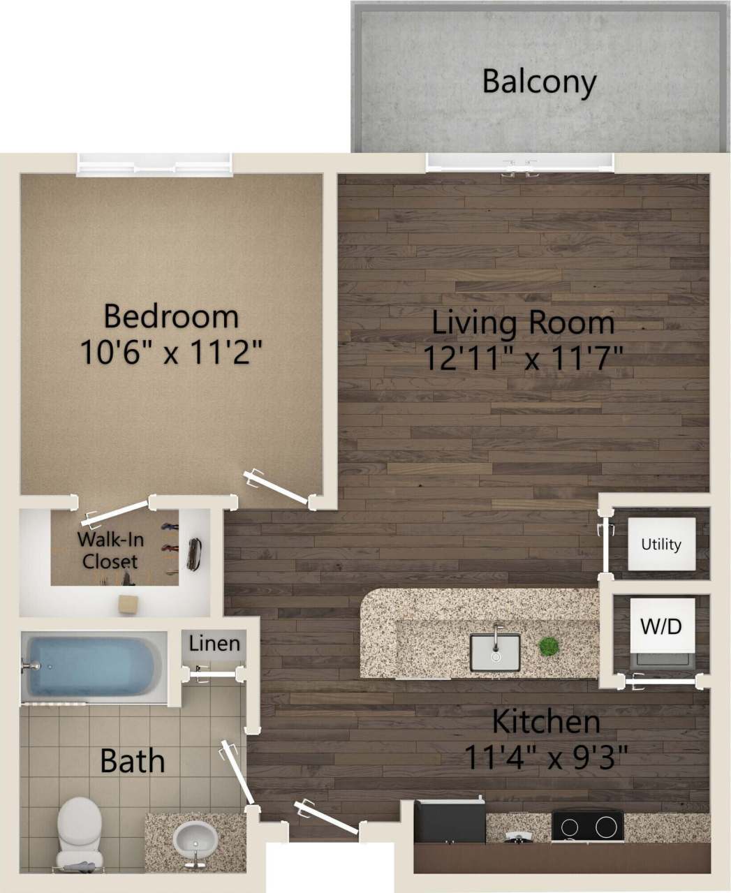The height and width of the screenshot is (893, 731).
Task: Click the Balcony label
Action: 539,82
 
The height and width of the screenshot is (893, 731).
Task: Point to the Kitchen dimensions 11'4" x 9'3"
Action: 546,756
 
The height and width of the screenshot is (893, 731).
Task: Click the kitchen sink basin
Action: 495,651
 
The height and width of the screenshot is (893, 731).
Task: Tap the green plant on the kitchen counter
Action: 549,646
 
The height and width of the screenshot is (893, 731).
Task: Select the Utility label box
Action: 660,544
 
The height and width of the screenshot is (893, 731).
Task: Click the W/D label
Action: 660,626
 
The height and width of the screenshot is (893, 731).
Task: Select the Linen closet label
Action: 214,642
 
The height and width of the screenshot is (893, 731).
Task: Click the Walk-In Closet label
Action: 108,549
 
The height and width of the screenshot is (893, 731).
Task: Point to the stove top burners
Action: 587,827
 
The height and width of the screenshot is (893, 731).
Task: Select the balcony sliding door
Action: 520,163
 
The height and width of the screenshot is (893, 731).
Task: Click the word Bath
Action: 132,760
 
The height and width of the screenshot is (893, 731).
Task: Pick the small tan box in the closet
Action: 128,604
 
